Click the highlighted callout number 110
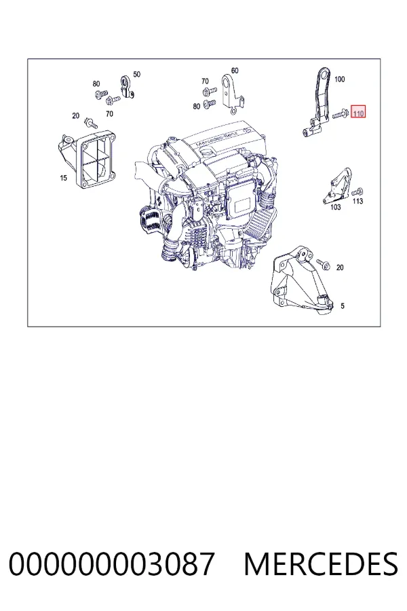tap(358, 113)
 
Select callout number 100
tap(340, 79)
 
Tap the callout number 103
tap(335, 207)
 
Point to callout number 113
tap(358, 201)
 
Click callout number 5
tap(343, 306)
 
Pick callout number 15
tap(64, 178)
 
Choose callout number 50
tap(137, 74)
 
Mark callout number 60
tap(235, 71)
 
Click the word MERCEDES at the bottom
tap(321, 564)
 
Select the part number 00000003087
tap(111, 564)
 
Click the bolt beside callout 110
tap(341, 115)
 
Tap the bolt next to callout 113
tap(357, 191)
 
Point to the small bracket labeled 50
tap(126, 86)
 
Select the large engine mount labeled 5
tap(301, 280)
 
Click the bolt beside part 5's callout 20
tap(324, 265)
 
